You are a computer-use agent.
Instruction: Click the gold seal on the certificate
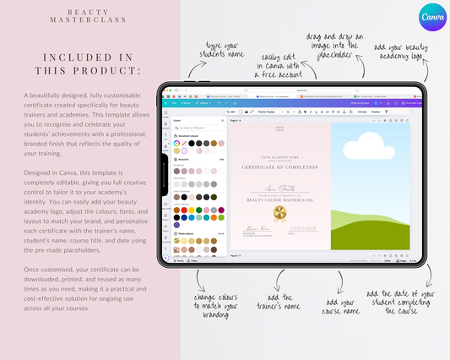tap(280, 215)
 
